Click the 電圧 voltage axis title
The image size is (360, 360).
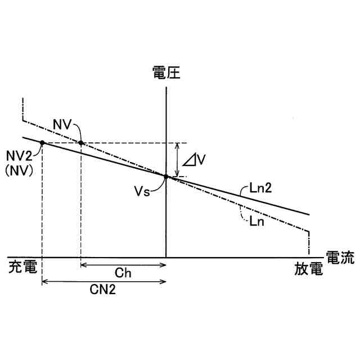[166, 73]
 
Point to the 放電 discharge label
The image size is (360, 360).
[309, 268]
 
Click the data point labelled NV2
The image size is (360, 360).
[42, 143]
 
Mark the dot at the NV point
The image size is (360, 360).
[81, 143]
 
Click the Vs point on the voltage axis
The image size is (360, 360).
[166, 176]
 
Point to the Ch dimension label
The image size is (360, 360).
[123, 273]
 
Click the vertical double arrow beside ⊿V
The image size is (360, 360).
[178, 159]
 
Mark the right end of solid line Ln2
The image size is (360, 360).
[310, 214]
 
